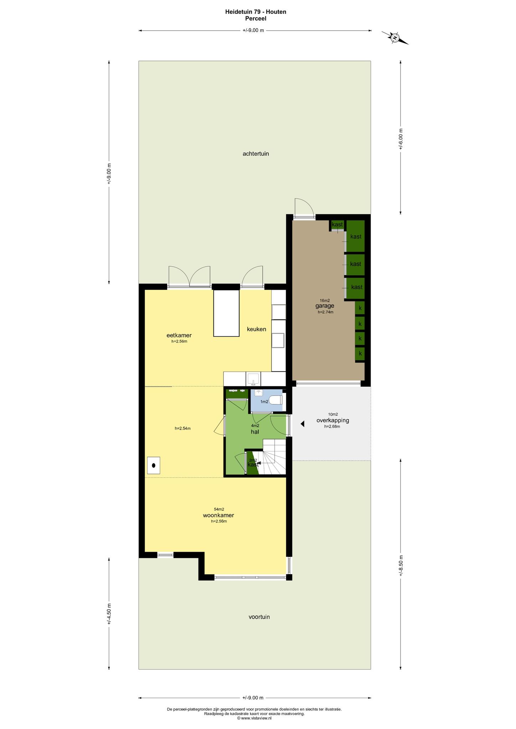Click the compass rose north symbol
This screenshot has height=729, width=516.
pos(395,37)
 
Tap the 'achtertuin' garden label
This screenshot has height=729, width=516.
pos(256,154)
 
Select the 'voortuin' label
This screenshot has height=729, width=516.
pos(259,617)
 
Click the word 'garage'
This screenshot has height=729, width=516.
pos(325,306)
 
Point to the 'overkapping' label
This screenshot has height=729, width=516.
pos(332,420)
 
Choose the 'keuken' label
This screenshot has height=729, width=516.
pos(257,329)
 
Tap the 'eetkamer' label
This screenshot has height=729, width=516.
pos(179,335)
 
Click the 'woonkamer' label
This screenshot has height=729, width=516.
pos(218,515)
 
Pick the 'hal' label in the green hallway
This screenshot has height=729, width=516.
pos(255,432)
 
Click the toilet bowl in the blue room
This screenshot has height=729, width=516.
pos(276,400)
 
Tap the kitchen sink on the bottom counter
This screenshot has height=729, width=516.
pos(253,379)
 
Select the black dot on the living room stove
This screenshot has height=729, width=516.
pos(154,465)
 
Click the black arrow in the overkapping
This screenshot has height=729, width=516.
pos(302,424)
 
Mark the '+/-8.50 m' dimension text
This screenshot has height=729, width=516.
pos(401,566)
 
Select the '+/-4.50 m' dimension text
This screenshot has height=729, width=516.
pos(109,614)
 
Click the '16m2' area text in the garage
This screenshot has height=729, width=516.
pos(325,300)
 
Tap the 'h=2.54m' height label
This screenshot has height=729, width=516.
pos(183,429)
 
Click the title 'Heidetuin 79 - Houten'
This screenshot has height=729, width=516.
pos(256,12)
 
